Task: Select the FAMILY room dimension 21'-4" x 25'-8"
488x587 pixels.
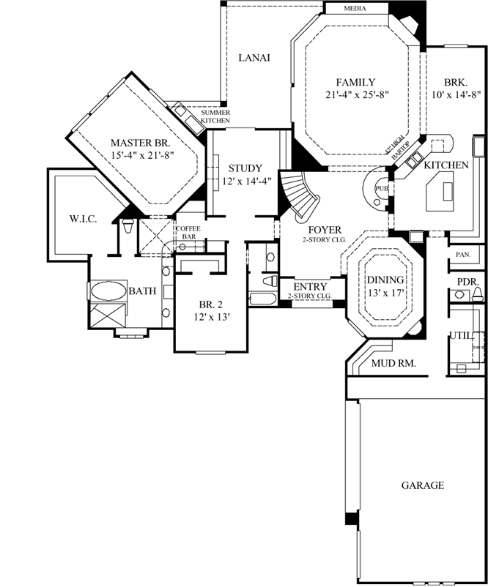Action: click(357, 94)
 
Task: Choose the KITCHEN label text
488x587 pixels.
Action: click(446, 165)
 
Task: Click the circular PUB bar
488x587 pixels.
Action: click(380, 190)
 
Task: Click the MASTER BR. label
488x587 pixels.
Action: click(141, 142)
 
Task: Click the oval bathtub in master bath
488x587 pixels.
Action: click(108, 291)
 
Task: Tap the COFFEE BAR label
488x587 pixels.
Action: click(188, 233)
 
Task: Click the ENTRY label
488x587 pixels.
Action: click(308, 286)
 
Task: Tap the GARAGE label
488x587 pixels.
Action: click(423, 485)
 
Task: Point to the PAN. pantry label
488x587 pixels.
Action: click(462, 255)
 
